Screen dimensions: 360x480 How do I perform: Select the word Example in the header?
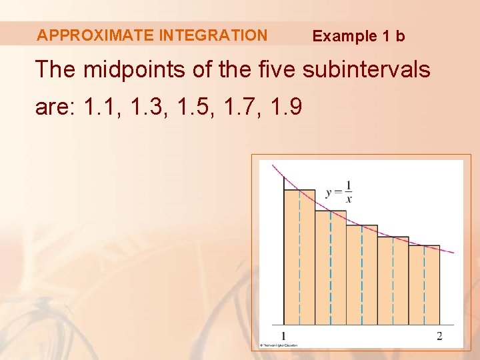click(x=345, y=36)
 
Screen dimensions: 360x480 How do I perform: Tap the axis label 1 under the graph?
click(x=284, y=335)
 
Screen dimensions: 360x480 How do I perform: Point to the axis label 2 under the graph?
click(x=439, y=335)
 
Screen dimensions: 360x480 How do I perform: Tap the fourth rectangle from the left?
click(x=393, y=281)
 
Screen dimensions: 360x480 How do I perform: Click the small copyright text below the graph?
click(x=279, y=345)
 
